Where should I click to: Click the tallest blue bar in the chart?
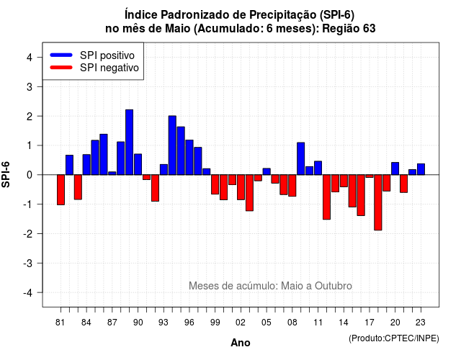pos(129,143)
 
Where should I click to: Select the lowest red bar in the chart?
pos(377,202)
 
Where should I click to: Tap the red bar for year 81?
pos(61,190)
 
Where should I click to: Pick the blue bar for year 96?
pos(189,158)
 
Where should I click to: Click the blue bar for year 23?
pos(421,169)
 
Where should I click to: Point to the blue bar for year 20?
pos(395,168)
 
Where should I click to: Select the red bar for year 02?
pos(241,187)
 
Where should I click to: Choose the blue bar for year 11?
pos(318,168)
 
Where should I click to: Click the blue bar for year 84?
pos(86,165)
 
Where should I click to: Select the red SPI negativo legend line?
pos(61,68)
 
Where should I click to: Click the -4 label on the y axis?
pos(28,293)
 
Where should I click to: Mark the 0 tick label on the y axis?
pos(30,175)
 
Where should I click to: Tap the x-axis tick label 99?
pos(215,323)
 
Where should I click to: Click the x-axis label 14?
pos(344,323)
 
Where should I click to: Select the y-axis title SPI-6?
pos(6,174)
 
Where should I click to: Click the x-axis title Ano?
pos(240,343)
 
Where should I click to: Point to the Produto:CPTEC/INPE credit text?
pos(394,338)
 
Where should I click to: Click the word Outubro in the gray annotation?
pos(334,286)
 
